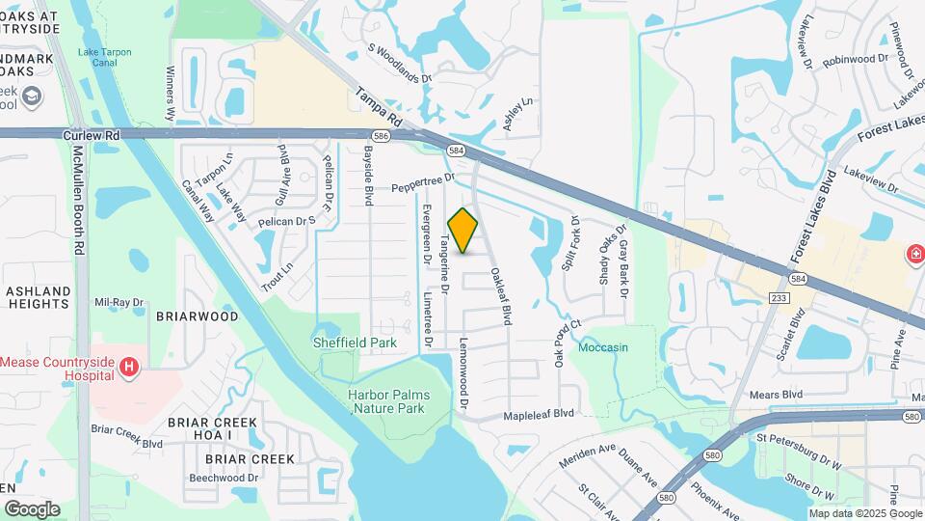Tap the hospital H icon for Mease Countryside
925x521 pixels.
[x=128, y=367]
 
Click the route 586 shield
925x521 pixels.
[x=383, y=137]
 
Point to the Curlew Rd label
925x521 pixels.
[x=92, y=136]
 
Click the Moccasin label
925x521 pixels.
[x=603, y=347]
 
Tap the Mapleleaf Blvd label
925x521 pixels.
[x=539, y=414]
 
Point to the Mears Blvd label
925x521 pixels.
[x=780, y=395]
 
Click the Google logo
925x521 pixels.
[x=32, y=508]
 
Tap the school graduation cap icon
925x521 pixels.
[x=32, y=96]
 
